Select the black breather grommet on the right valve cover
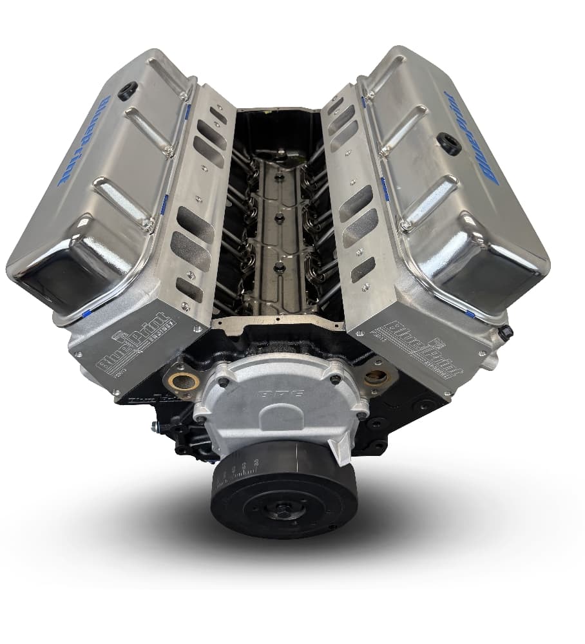click(x=450, y=144)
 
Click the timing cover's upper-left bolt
click(x=222, y=382)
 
